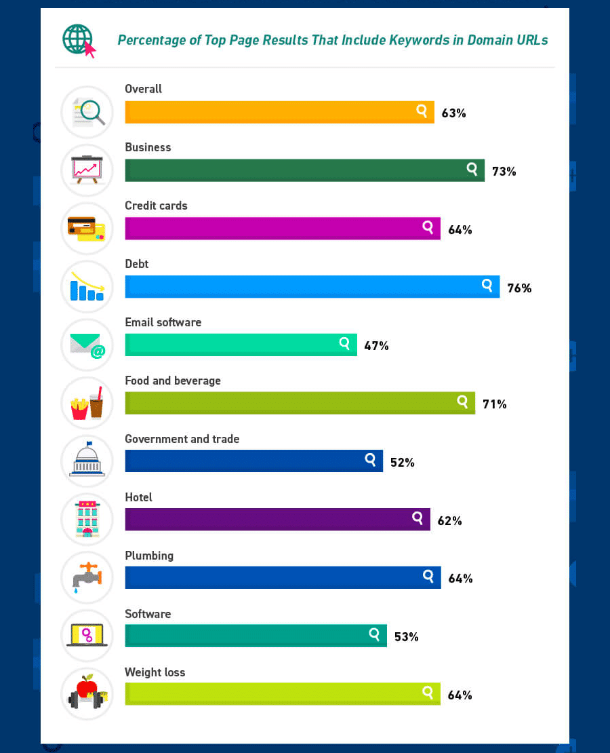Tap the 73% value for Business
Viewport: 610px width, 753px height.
coord(504,172)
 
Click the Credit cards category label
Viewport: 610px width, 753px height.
coord(156,206)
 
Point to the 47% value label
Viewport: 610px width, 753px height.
coord(376,346)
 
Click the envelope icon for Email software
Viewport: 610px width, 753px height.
coord(87,345)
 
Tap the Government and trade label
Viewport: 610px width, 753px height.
coord(182,439)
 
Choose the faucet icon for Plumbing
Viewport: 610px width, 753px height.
coord(87,577)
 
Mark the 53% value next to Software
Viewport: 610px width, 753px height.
coord(406,637)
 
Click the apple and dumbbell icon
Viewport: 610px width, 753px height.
coord(87,693)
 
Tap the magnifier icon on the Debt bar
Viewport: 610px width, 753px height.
coord(487,285)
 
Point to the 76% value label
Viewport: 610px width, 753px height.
coord(518,288)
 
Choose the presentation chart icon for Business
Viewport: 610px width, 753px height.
coord(87,170)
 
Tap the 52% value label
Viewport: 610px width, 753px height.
coord(402,463)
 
